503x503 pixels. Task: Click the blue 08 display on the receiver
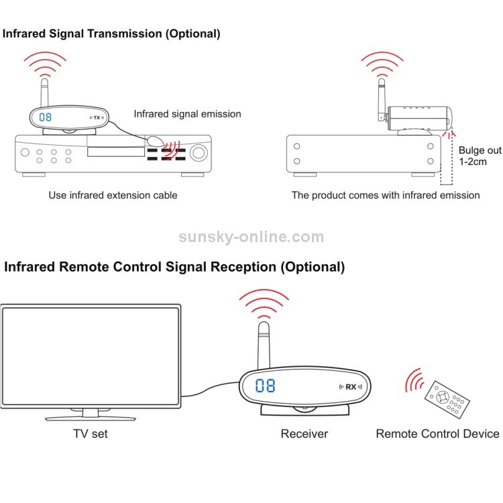pos(265,386)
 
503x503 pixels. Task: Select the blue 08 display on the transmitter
pos(46,117)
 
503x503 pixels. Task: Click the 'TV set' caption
pos(91,433)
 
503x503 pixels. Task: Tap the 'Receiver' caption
pos(304,433)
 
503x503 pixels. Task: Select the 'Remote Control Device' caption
pos(437,433)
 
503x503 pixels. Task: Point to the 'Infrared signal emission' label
pos(187,114)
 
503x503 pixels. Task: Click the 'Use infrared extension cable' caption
pos(113,195)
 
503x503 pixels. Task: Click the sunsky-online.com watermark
pos(251,237)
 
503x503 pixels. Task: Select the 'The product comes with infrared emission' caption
pos(386,195)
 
